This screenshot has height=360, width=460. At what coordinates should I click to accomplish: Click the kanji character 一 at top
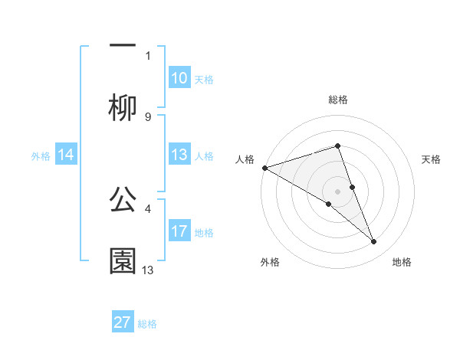123,44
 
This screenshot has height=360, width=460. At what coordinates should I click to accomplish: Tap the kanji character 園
123,261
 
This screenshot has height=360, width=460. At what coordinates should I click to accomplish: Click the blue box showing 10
179,78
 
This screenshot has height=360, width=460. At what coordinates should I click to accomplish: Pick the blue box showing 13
179,155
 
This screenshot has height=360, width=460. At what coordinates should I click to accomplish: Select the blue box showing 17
179,231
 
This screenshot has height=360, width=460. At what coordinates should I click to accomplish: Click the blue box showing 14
66,155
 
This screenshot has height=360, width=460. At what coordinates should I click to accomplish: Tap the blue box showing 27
123,322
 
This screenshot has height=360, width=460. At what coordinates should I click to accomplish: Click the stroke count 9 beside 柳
148,117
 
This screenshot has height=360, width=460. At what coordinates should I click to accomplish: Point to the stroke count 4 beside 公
148,208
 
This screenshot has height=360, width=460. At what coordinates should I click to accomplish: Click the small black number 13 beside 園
148,270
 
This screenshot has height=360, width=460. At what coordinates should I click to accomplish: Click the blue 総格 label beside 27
147,324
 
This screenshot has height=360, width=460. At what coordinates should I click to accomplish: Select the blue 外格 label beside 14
41,155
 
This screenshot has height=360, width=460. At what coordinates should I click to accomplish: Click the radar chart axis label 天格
432,159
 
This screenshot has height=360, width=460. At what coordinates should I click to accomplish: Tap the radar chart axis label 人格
245,159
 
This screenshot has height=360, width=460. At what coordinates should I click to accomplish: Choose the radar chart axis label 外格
270,262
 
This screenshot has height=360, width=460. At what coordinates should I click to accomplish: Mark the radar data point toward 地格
374,242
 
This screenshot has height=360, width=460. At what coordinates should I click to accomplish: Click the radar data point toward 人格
264,167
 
